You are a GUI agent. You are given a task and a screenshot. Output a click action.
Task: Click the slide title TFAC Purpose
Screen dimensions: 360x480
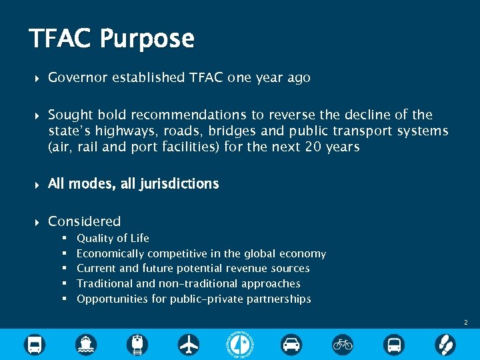tap(111, 39)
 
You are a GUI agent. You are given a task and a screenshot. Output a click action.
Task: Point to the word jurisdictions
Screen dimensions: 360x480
tap(178, 184)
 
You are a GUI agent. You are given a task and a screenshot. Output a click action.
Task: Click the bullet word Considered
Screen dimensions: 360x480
tap(85, 221)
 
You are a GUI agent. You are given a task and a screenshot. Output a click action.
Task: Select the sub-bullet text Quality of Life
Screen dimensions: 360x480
tap(113, 238)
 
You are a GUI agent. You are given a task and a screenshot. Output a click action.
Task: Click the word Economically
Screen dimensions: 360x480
tap(110, 253)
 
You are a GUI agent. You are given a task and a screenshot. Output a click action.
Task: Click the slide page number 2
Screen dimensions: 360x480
tap(466, 323)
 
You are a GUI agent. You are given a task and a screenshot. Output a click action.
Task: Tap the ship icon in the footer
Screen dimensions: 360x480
tap(86, 345)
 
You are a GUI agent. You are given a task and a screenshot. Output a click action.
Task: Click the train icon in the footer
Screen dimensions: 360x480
tap(137, 345)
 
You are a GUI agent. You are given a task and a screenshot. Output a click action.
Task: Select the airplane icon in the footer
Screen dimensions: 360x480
tap(189, 345)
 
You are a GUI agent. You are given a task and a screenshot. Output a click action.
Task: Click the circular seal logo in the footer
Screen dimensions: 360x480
tap(240, 344)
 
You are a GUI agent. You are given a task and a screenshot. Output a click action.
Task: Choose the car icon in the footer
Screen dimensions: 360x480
tap(291, 345)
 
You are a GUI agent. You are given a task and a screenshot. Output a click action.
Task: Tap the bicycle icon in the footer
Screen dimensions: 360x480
tap(343, 345)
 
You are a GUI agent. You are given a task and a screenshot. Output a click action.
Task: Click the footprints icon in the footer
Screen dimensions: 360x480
tap(445, 345)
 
